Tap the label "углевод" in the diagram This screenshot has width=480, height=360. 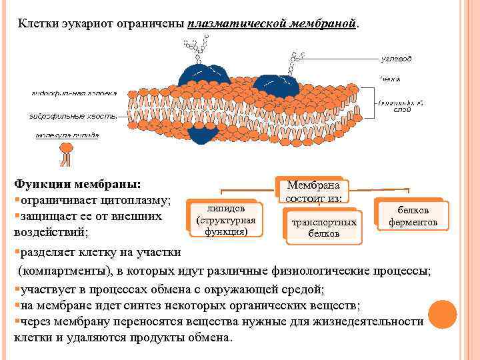tap(396, 59)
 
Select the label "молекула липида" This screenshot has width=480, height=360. tap(67, 135)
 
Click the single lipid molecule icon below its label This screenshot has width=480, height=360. tap(66, 155)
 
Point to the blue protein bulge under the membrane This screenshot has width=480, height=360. tap(200, 134)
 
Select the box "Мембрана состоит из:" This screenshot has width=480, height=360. tap(313, 191)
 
